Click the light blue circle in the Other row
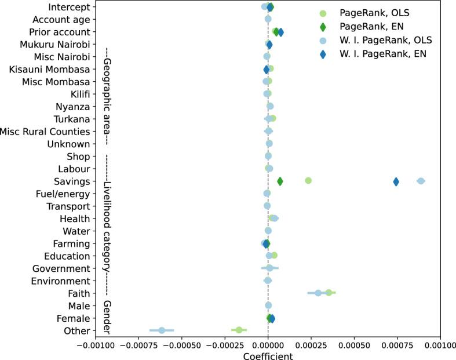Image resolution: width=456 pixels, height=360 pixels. pyautogui.click(x=162, y=330)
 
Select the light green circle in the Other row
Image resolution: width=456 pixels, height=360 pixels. pyautogui.click(x=239, y=330)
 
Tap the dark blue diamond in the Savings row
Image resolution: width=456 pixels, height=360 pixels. pyautogui.click(x=396, y=182)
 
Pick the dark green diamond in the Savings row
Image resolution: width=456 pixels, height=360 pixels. pyautogui.click(x=280, y=182)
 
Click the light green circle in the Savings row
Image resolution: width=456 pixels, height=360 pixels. pyautogui.click(x=308, y=181)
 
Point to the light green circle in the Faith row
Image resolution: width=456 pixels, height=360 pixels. pyautogui.click(x=329, y=293)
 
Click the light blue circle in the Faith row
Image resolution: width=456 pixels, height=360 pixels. pyautogui.click(x=318, y=293)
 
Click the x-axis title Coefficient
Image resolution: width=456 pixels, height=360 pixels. pyautogui.click(x=268, y=356)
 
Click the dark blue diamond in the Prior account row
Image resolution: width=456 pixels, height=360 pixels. pyautogui.click(x=280, y=32)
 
